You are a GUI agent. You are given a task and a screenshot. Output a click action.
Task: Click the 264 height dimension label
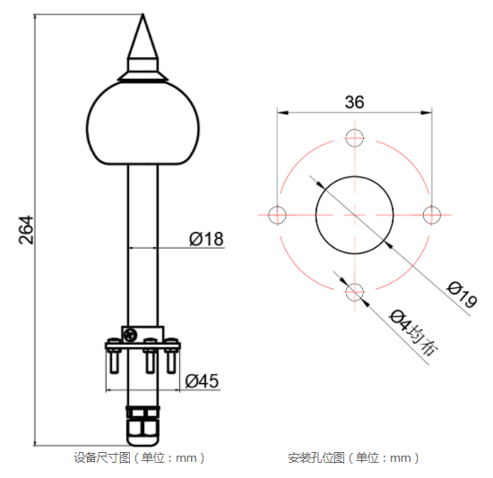click(25, 232)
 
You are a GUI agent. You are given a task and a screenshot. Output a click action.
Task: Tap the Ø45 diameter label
click(202, 380)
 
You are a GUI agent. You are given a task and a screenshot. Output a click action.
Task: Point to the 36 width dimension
click(354, 101)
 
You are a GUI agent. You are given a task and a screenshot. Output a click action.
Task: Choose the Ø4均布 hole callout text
click(413, 332)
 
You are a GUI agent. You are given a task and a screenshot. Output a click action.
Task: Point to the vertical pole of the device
click(143, 242)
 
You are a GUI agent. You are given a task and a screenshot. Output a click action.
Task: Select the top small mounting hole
click(354, 138)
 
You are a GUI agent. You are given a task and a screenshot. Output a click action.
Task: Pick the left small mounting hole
click(278, 214)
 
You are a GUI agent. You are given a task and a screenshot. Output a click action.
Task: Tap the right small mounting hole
click(431, 214)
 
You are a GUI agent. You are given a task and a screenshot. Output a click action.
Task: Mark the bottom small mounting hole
click(354, 290)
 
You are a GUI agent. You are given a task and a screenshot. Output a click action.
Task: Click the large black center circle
click(354, 214)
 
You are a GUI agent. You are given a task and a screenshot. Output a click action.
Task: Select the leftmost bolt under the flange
click(114, 362)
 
